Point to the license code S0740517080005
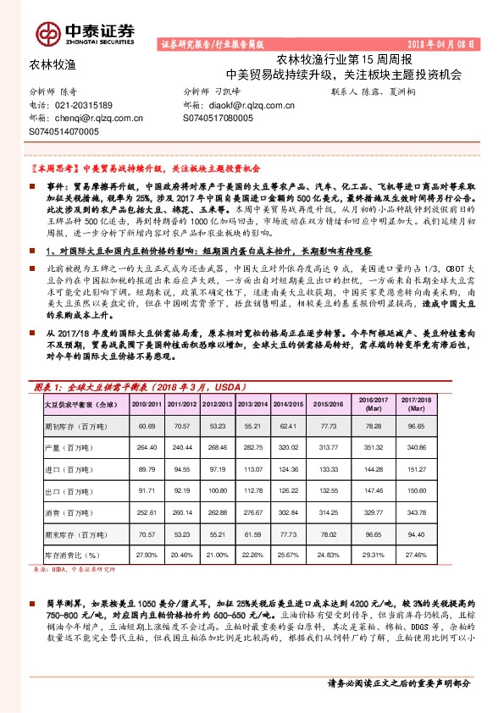click(x=218, y=119)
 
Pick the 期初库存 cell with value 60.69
click(x=147, y=425)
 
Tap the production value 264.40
click(x=147, y=447)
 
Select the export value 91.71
click(x=147, y=490)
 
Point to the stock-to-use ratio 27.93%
click(x=147, y=555)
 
